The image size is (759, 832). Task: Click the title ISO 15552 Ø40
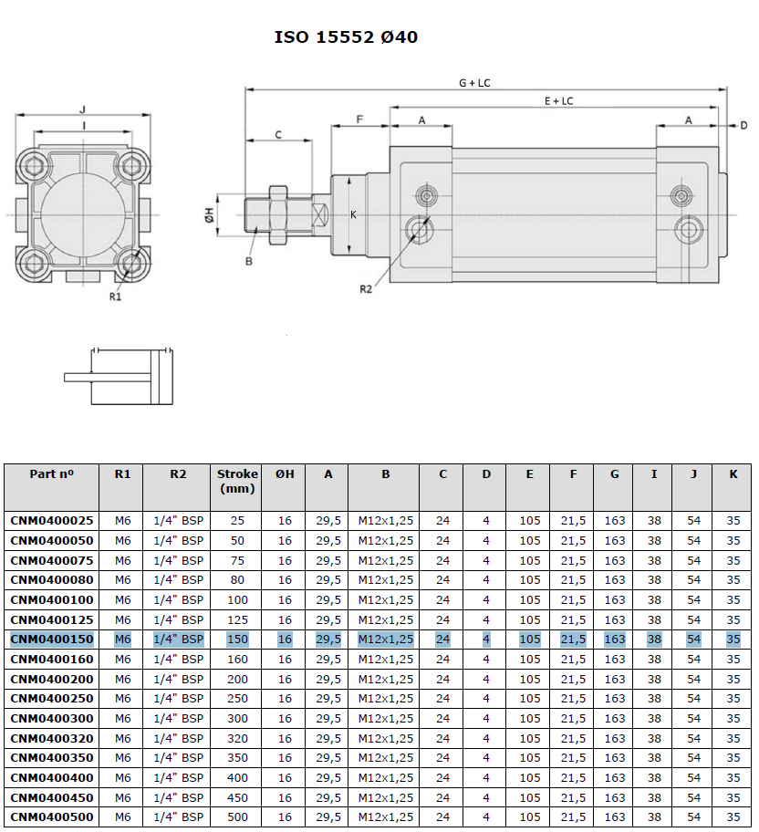pos(346,37)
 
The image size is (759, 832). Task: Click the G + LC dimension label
pos(474,83)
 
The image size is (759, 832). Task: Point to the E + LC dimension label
pos(559,101)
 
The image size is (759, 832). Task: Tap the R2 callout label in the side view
pos(366,289)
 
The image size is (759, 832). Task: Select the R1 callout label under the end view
pos(115,296)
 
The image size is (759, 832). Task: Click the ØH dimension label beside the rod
pos(209,215)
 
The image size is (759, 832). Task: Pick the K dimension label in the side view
pos(353,215)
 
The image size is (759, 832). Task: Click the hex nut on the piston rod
pos(278,215)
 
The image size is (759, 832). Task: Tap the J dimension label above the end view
pos(82,109)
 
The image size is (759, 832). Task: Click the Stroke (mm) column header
pos(237,482)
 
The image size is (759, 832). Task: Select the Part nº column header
pos(51,473)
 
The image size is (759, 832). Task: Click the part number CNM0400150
pos(52,640)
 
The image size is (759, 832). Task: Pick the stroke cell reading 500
pos(237,817)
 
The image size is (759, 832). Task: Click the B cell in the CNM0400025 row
pos(385,521)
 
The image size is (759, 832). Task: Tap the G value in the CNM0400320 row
pos(614,738)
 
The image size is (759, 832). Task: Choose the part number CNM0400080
pos(52,580)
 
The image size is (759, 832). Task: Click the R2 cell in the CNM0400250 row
pos(178,699)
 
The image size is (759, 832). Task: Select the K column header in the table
pos(733,473)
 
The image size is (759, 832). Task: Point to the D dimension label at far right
pos(743,126)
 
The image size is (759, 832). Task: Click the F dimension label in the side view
pos(359,120)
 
